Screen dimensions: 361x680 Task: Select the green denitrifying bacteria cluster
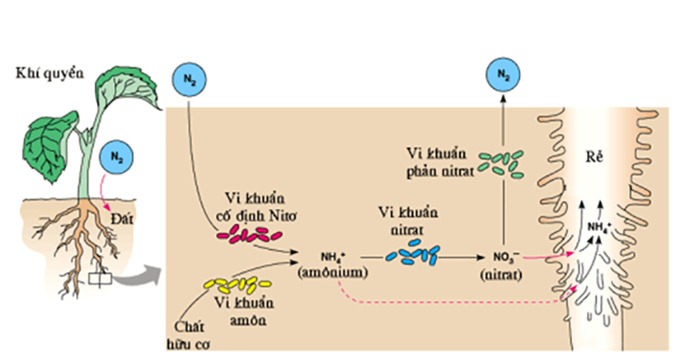[x=502, y=161]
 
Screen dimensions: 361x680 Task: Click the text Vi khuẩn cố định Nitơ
[x=252, y=206]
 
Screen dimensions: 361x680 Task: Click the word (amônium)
[x=331, y=273]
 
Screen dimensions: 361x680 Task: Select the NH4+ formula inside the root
[x=600, y=227]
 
